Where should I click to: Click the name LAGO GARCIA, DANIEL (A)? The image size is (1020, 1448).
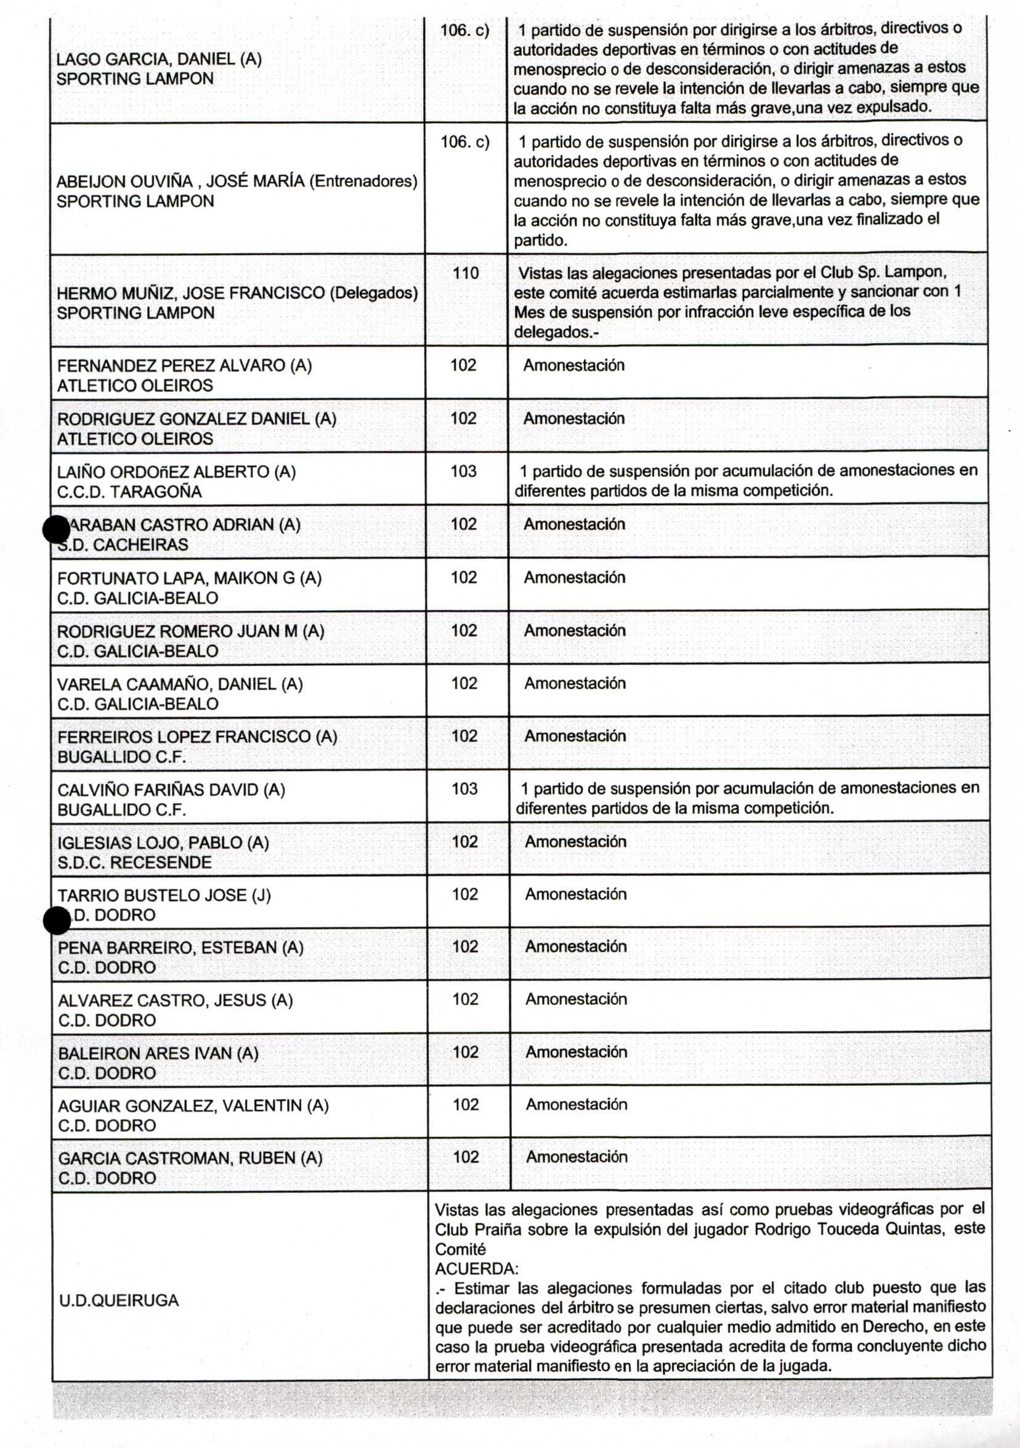click(x=159, y=59)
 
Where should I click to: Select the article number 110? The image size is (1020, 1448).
click(x=466, y=273)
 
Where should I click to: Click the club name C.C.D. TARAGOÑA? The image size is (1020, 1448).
click(x=129, y=492)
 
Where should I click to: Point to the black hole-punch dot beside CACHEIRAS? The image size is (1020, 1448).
click(x=56, y=529)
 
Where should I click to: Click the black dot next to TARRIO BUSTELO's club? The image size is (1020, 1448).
click(x=57, y=921)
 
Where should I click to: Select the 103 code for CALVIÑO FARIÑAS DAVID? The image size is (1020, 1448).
click(x=464, y=788)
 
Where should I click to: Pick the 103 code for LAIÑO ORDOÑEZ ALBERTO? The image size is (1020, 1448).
click(x=463, y=471)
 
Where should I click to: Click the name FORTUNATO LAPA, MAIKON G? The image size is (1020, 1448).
click(x=189, y=578)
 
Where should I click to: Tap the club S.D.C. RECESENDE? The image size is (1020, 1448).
click(x=134, y=862)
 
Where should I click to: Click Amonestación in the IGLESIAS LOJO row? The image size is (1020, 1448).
click(x=575, y=841)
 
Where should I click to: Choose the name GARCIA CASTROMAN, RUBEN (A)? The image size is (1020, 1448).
click(x=190, y=1158)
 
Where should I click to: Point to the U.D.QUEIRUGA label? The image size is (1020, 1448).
click(x=119, y=1300)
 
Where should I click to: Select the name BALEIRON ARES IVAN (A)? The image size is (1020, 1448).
click(x=158, y=1053)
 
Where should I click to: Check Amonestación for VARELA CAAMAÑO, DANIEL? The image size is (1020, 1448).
click(x=575, y=683)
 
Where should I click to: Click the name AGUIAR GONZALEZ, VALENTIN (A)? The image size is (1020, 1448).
click(x=193, y=1105)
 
